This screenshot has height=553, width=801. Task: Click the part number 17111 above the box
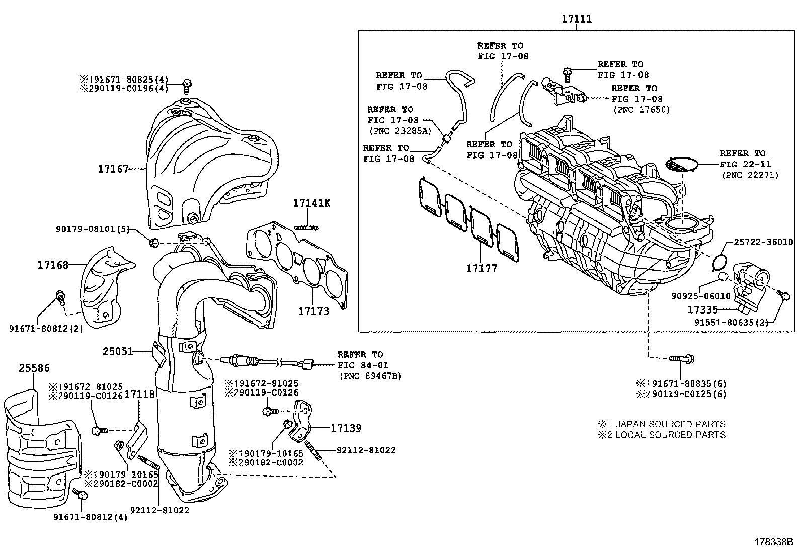[577, 19]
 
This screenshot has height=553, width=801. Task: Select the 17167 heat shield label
[113, 169]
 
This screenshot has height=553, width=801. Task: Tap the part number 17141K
[311, 203]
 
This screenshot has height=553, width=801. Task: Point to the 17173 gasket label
[313, 311]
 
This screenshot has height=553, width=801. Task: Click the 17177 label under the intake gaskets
[482, 268]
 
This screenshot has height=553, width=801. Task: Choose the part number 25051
[118, 351]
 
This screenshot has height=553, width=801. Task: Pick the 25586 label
[34, 368]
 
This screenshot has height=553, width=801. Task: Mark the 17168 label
[53, 265]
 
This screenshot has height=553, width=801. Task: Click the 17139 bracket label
[346, 428]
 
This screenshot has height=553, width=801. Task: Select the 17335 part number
[702, 310]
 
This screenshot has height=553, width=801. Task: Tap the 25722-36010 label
[763, 242]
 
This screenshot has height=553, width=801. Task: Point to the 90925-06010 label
[701, 296]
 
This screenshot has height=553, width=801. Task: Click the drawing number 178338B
[774, 542]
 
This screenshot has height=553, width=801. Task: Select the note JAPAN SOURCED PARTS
[670, 424]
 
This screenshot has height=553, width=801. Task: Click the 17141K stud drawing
[306, 227]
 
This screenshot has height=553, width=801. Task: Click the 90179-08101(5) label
[93, 229]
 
